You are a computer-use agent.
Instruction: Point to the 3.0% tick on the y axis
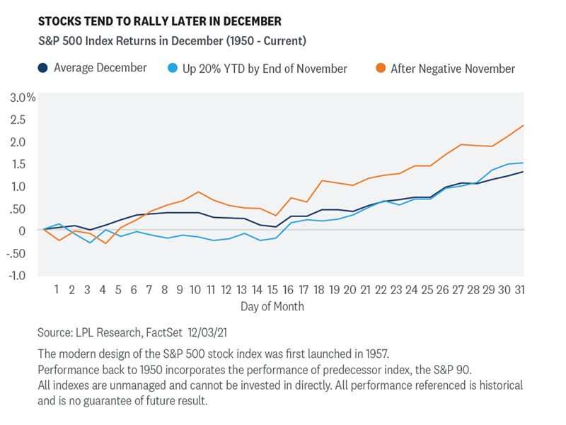click(23, 98)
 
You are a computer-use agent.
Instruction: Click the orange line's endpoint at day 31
click(523, 126)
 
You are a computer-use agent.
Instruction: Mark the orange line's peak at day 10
click(199, 192)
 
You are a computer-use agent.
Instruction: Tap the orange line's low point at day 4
click(105, 243)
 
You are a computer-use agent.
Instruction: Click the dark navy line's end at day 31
click(523, 172)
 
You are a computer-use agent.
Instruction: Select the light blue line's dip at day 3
click(90, 243)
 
